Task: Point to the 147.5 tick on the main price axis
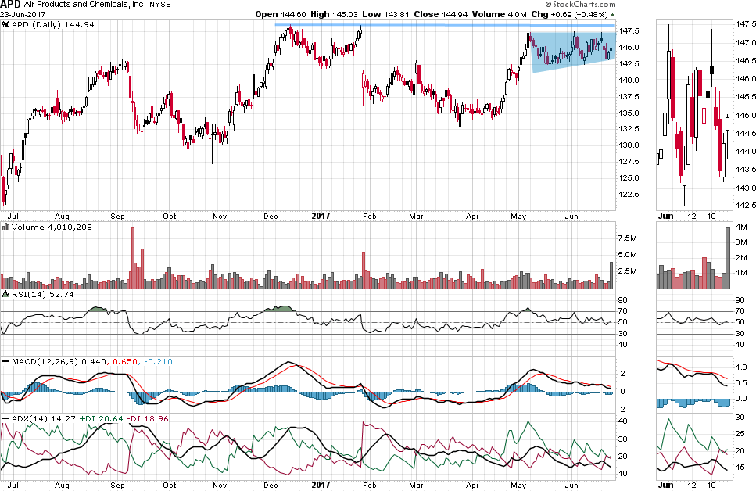tap(629, 31)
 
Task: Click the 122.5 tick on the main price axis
tap(629, 195)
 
